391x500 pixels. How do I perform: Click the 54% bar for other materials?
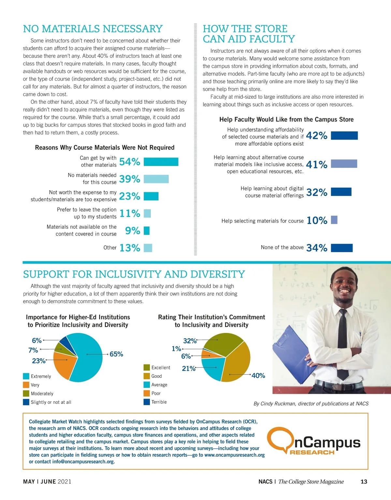click(161, 162)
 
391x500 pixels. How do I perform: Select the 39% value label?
click(130, 179)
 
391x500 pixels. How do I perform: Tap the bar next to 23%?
click(151, 196)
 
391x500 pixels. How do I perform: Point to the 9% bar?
click(147, 231)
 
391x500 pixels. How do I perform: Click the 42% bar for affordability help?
click(344, 136)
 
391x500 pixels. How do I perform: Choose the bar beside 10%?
click(334, 220)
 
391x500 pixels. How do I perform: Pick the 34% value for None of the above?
click(317, 248)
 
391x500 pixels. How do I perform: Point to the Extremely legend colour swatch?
click(26, 376)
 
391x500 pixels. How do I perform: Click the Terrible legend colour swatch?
click(147, 402)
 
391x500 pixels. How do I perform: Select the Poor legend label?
click(156, 393)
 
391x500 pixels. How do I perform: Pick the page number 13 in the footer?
click(364, 482)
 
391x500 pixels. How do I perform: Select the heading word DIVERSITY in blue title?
click(218, 274)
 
